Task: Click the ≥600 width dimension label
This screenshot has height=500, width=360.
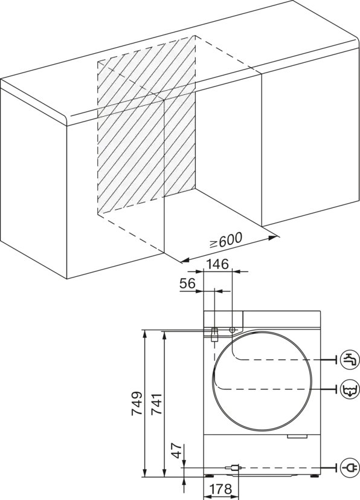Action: pos(226,240)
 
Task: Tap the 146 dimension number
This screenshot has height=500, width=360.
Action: pos(217,264)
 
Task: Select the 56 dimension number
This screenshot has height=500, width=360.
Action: pos(187,283)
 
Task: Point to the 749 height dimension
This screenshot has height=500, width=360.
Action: pos(137,403)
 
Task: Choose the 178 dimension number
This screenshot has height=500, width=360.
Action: pos(221,489)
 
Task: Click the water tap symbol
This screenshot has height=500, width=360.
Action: pos(350,360)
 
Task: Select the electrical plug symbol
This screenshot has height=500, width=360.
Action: pos(350,468)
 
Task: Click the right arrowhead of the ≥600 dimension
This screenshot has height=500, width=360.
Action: pos(272,237)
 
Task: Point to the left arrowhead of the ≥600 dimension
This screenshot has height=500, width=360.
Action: pos(185,261)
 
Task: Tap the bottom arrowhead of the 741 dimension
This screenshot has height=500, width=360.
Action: pos(164,473)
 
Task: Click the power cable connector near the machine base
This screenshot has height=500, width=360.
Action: pos(234,468)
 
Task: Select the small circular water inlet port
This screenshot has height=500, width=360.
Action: pos(232,330)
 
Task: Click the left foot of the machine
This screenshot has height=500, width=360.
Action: pos(210,476)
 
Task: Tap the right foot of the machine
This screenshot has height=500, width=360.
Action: pos(315,476)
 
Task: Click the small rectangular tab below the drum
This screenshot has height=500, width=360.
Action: pos(297,437)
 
